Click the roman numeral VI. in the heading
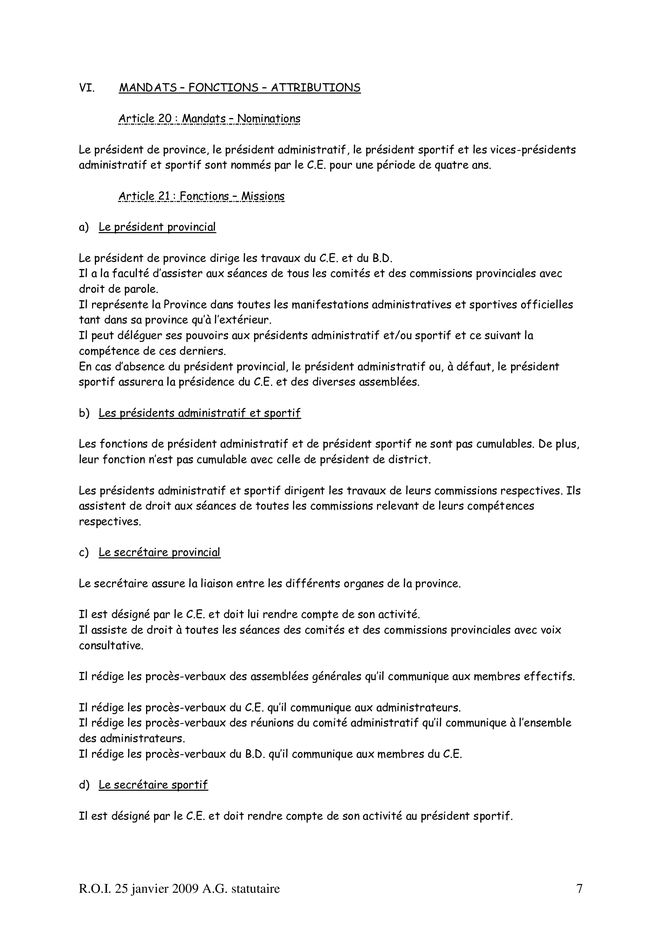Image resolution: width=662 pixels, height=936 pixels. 87,88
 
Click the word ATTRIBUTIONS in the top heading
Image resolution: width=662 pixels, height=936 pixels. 315,88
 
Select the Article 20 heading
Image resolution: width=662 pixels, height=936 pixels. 209,118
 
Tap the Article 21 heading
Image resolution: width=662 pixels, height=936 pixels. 201,196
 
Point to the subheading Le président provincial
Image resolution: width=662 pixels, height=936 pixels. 157,227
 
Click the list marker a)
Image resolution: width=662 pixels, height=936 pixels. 84,227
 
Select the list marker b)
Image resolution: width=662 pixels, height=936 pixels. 84,413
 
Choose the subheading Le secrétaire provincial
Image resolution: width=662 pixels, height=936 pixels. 159,552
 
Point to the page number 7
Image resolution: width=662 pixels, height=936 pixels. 579,888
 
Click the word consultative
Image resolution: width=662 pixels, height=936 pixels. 111,646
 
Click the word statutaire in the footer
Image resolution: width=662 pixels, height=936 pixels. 256,888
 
